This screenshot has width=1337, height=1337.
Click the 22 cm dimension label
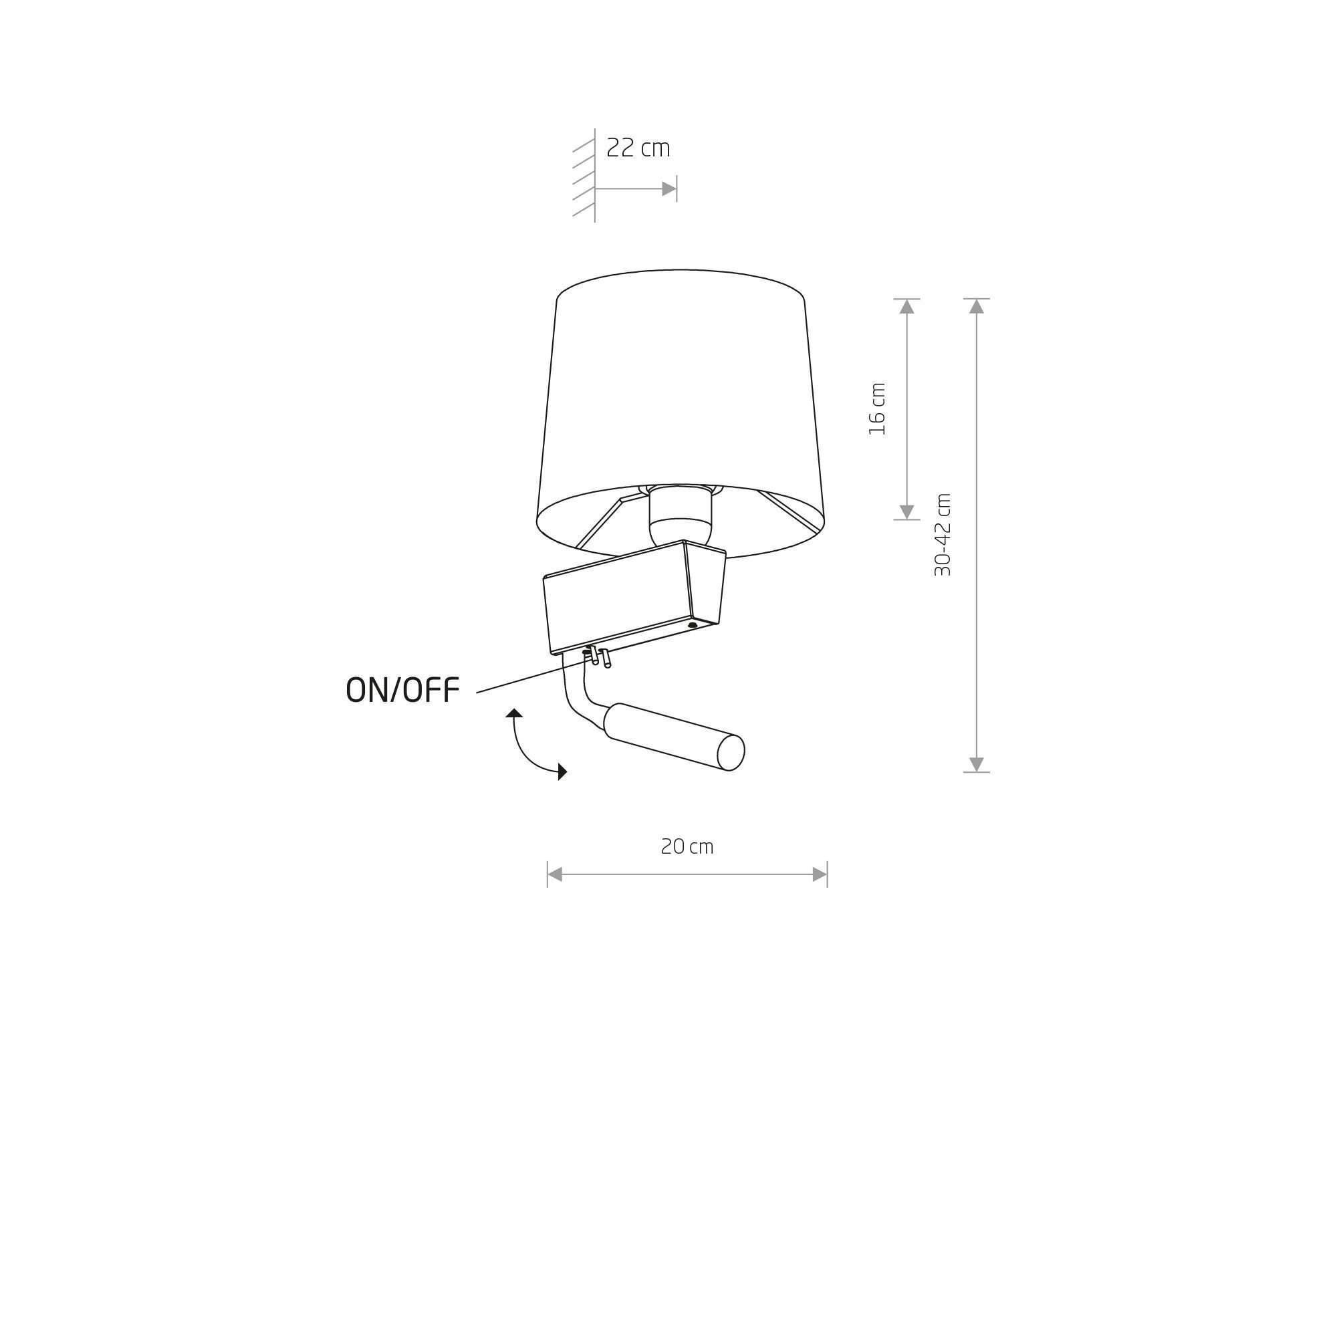click(x=637, y=148)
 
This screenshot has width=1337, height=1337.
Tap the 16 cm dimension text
click(x=877, y=408)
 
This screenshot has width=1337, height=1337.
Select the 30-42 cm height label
click(x=943, y=535)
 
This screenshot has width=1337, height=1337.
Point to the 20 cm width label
click(x=687, y=847)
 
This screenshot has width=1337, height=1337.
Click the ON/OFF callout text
click(x=402, y=690)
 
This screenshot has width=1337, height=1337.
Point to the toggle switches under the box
click(x=598, y=656)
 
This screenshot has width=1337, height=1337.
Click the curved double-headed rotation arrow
click(x=531, y=746)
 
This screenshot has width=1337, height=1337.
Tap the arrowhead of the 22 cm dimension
click(x=668, y=189)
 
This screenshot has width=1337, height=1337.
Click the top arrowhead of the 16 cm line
click(x=906, y=307)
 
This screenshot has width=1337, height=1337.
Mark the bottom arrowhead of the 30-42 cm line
click(x=976, y=764)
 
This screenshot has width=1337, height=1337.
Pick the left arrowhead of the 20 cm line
click(x=555, y=874)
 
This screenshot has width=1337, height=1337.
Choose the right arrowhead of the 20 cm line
click(x=820, y=874)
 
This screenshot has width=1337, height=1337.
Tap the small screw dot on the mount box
click(x=692, y=625)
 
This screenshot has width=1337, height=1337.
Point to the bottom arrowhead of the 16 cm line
click(x=906, y=512)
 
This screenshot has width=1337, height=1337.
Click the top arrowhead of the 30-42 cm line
click(x=976, y=307)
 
